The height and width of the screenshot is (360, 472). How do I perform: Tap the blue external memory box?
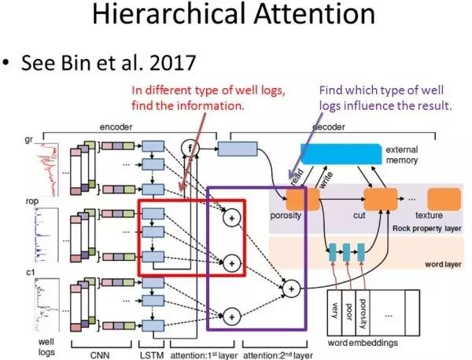point(338,155)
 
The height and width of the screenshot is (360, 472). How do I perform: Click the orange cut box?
point(378,201)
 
